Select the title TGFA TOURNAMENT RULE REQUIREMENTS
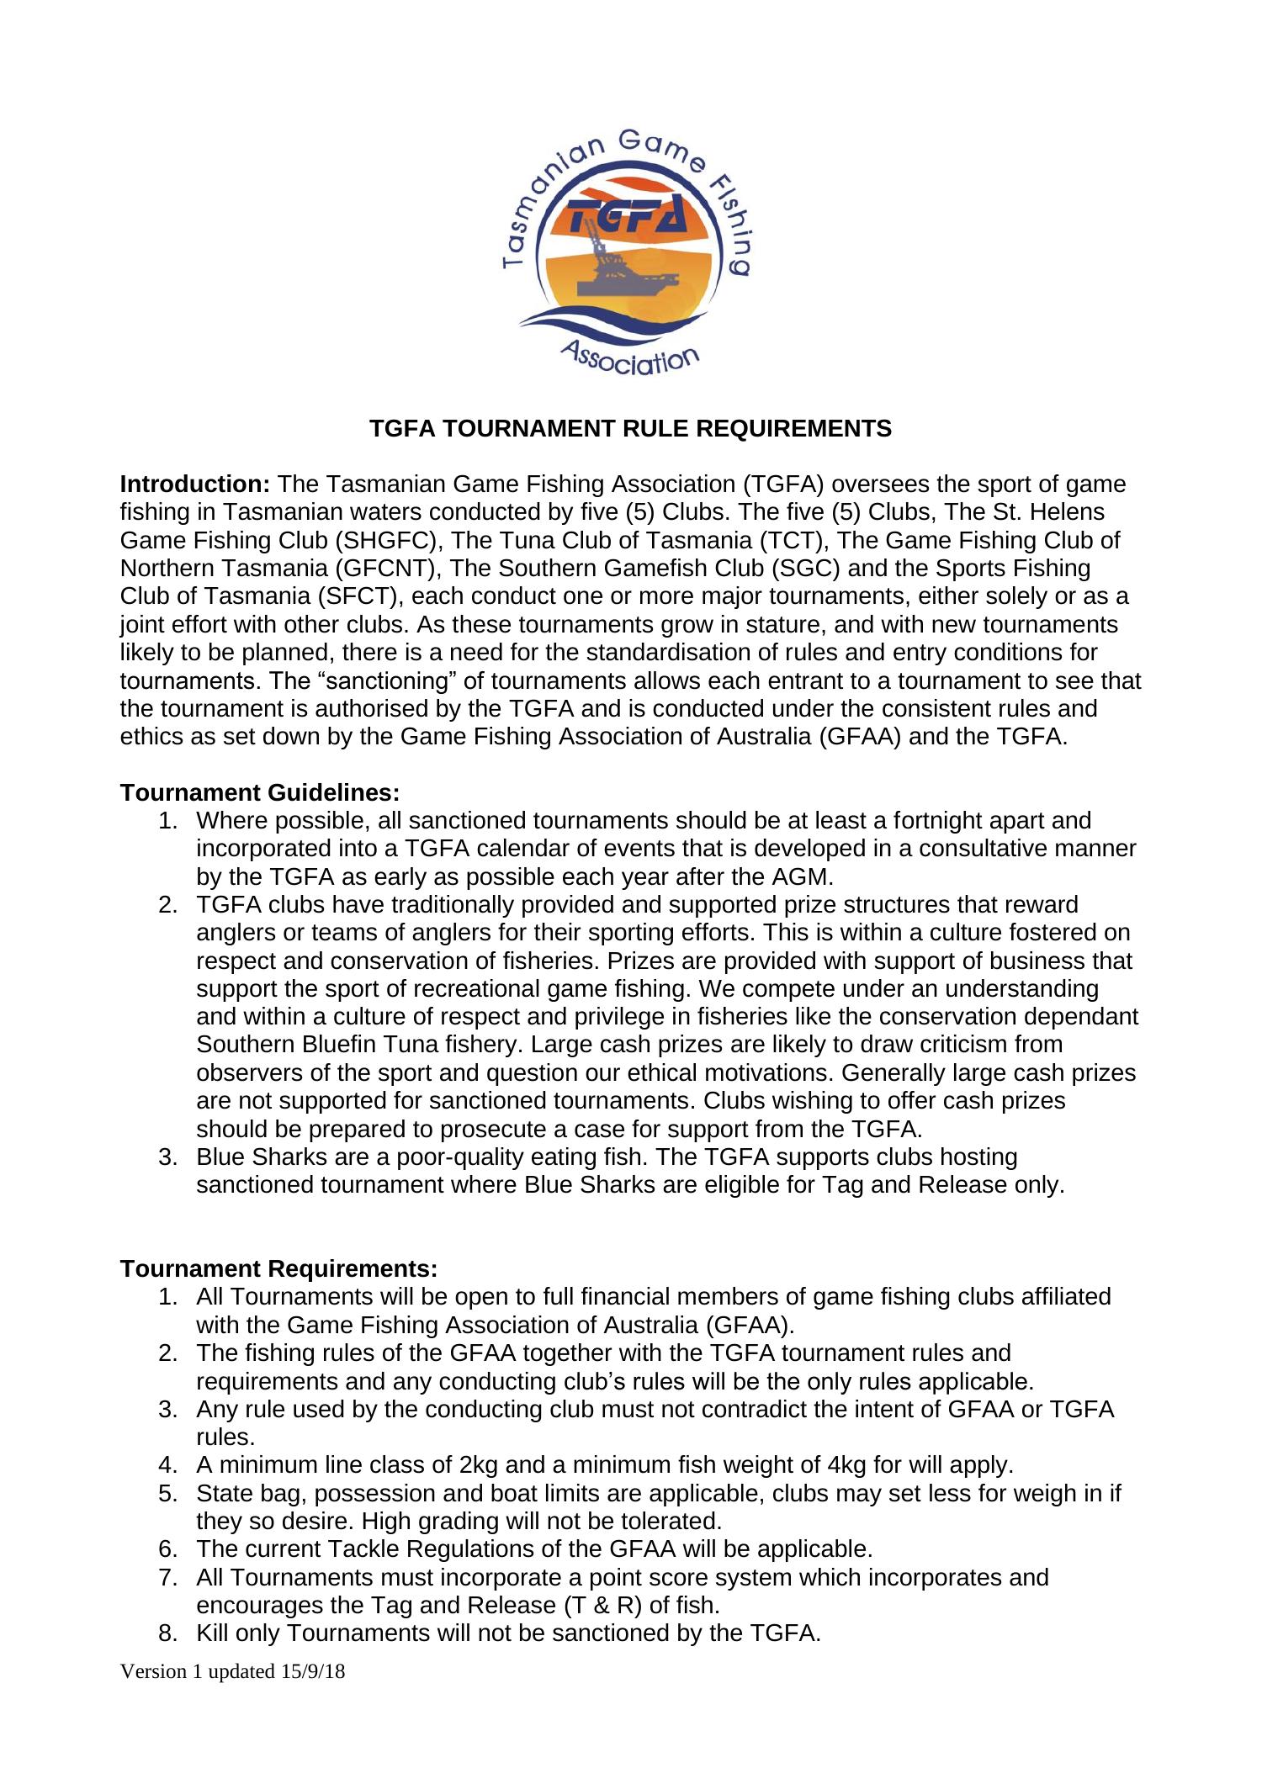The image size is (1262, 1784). pos(631,429)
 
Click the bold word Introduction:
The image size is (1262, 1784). pos(194,485)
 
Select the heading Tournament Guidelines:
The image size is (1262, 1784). pos(260,793)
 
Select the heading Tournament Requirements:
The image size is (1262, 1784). pos(278,1268)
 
